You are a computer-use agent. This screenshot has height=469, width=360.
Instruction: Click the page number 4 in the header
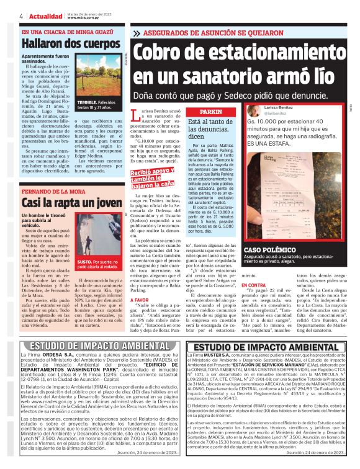(21, 16)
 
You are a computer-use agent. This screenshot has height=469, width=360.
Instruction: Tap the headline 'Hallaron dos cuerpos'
(61, 43)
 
